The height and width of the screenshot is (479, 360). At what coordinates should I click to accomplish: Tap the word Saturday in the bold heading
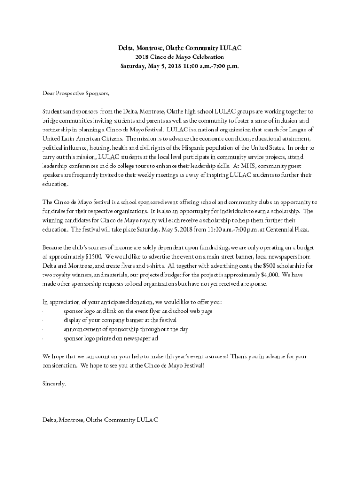point(135,66)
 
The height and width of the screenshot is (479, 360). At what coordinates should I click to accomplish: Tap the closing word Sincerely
point(54,384)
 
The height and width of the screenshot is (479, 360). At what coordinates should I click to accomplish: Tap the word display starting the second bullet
point(72,320)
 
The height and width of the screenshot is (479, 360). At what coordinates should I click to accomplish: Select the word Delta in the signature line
point(49,420)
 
